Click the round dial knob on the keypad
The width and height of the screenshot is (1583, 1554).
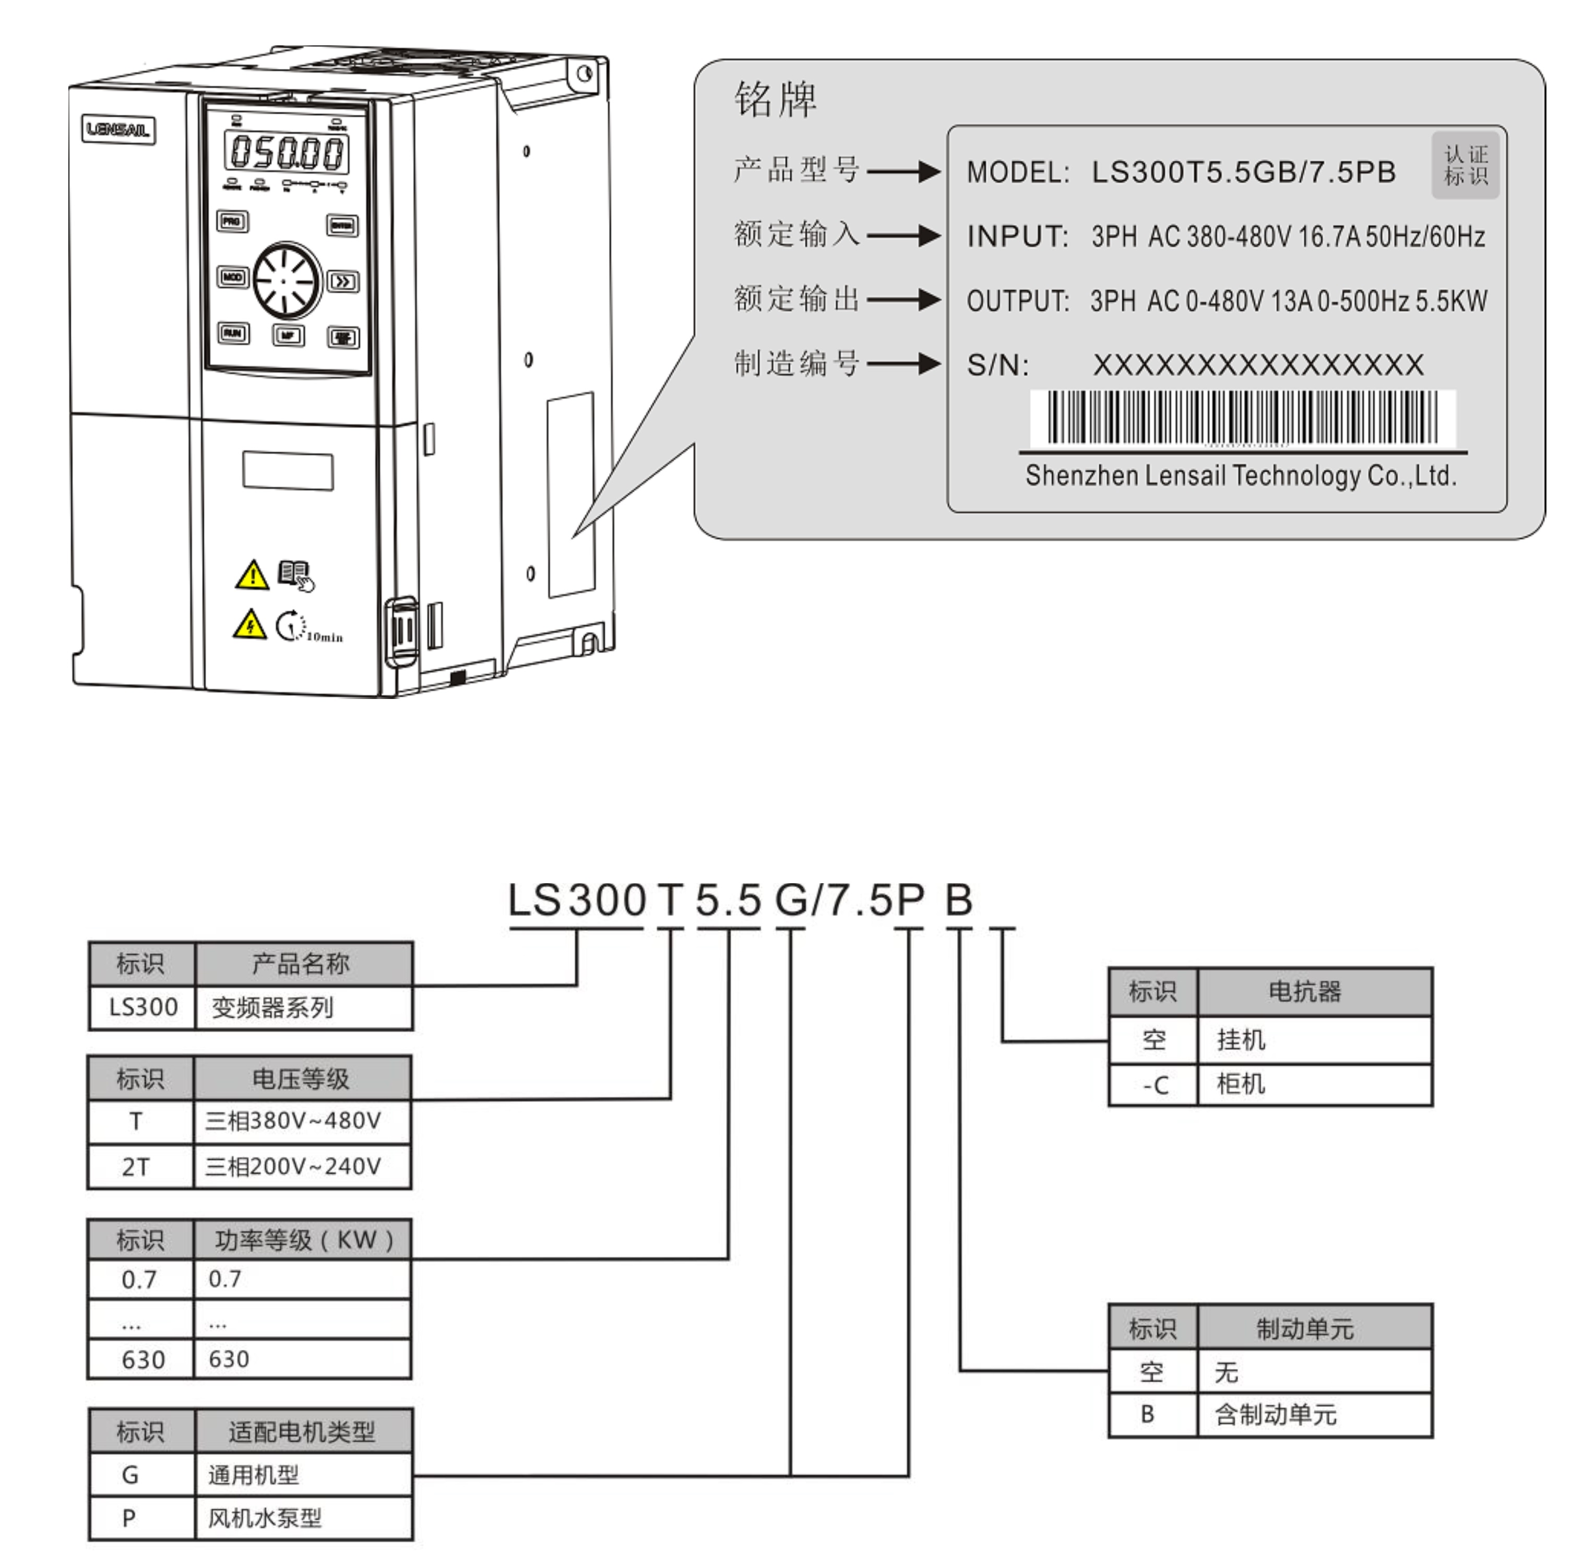[x=285, y=280]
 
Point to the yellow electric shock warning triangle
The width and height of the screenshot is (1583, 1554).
[x=249, y=625]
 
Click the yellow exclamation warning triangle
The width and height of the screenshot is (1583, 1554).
[x=252, y=575]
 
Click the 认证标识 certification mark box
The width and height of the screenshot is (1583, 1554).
[x=1466, y=165]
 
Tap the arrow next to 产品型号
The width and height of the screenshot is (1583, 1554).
[x=903, y=171]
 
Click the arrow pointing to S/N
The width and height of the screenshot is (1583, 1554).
[x=903, y=363]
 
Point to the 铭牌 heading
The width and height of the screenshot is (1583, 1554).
[x=775, y=100]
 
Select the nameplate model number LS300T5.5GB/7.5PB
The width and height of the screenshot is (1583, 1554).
[x=1244, y=172]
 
